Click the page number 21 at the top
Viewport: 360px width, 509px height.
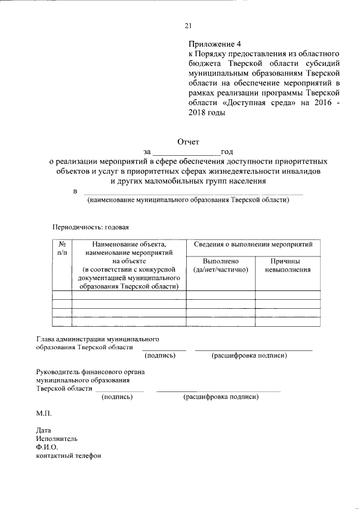(188, 25)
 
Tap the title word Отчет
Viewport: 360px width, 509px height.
(188, 142)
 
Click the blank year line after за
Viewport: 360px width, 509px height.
(186, 152)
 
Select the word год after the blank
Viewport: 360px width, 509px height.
(227, 152)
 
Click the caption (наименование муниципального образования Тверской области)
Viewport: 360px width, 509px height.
(187, 200)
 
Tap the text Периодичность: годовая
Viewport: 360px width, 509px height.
(91, 227)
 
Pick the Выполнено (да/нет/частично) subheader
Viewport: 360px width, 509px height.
(220, 265)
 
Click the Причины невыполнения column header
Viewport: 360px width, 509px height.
(287, 265)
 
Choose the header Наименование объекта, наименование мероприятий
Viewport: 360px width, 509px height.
(129, 249)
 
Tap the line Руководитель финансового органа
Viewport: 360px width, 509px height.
(91, 372)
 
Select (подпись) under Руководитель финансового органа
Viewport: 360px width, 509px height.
(116, 397)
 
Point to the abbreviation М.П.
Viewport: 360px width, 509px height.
(43, 413)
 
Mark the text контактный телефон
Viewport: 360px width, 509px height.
(68, 456)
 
